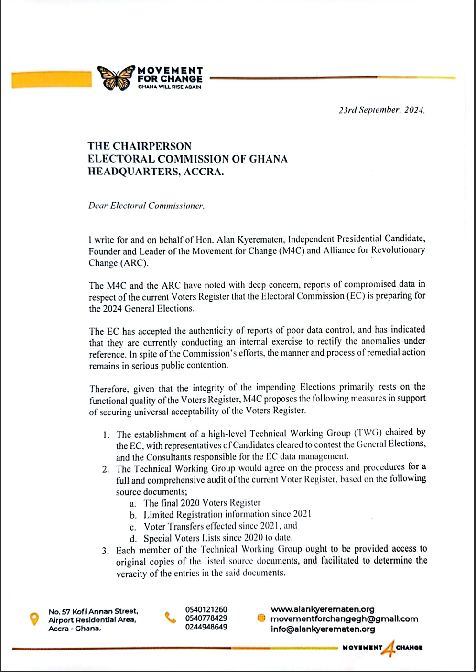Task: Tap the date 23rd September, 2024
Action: [381, 110]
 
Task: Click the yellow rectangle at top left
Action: [51, 80]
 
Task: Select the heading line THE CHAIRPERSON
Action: [140, 146]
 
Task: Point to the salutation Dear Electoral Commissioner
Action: [146, 206]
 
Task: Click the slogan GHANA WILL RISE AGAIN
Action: [170, 87]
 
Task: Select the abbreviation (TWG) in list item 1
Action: [368, 433]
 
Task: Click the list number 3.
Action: [105, 551]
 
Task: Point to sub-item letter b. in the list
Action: [133, 515]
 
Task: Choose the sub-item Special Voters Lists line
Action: [218, 538]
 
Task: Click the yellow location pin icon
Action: [34, 619]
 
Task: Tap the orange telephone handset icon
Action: [170, 618]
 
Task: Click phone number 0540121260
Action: [206, 609]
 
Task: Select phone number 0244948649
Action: [206, 627]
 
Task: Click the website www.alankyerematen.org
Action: [323, 609]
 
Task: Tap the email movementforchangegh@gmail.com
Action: [344, 619]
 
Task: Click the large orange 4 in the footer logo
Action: [389, 648]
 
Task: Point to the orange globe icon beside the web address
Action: [261, 618]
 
